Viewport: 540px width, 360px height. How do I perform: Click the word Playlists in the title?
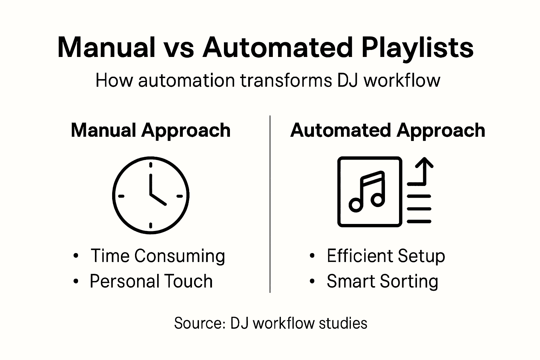click(417, 48)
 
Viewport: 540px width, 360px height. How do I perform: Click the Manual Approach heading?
click(150, 130)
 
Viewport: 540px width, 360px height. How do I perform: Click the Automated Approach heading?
click(388, 130)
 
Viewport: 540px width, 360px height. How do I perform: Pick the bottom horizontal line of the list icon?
click(419, 221)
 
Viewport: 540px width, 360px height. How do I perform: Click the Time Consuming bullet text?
click(157, 256)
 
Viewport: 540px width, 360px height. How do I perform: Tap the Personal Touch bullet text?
click(151, 281)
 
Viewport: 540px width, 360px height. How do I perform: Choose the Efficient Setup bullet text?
click(386, 256)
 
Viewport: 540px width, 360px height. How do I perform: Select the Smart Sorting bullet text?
click(382, 281)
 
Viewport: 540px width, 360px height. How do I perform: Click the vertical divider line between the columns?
click(270, 204)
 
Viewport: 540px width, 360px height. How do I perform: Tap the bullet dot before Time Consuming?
click(76, 256)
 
